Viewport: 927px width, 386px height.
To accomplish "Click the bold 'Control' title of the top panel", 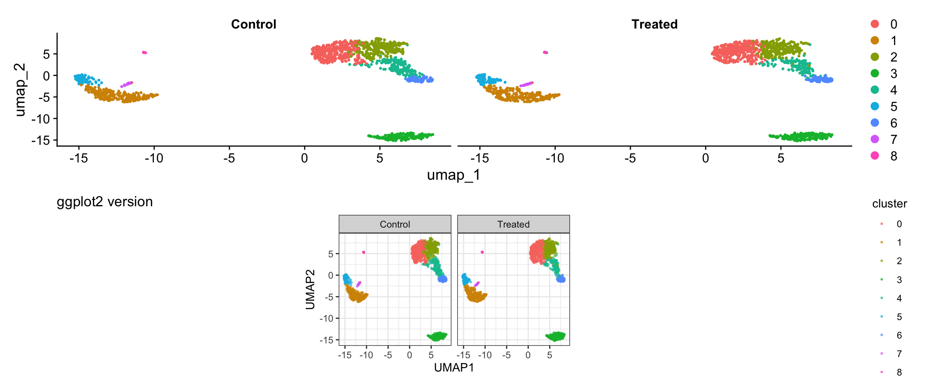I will click(x=253, y=24).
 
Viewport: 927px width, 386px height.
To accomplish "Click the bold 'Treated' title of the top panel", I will click(x=654, y=24).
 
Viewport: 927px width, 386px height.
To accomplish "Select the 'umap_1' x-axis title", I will click(x=453, y=175).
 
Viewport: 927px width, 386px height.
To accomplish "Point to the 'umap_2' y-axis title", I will click(x=20, y=90).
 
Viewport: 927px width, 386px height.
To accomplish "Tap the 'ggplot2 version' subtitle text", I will click(x=105, y=201).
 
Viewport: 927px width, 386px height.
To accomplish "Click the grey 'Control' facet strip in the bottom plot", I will click(x=395, y=224).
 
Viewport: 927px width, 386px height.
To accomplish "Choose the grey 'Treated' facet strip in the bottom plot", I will click(x=513, y=224).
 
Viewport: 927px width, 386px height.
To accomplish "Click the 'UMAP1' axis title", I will click(x=454, y=368).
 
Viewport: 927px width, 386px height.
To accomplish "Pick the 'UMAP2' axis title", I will click(x=310, y=289).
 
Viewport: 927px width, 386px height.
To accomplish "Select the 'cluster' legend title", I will click(x=889, y=204).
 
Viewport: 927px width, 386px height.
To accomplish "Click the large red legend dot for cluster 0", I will click(x=875, y=24).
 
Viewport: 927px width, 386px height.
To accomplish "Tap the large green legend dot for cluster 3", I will click(x=875, y=73).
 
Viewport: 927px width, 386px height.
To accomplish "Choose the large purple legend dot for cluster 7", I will click(x=875, y=139).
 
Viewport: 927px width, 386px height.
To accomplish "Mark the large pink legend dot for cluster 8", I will click(x=875, y=156).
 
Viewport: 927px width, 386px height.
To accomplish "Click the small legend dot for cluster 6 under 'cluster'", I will click(x=882, y=335).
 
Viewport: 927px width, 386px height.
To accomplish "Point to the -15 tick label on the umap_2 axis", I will click(x=41, y=140).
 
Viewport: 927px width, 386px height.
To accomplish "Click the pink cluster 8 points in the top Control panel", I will click(x=144, y=52).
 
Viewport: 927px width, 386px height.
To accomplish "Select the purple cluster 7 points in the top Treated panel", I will click(x=526, y=84).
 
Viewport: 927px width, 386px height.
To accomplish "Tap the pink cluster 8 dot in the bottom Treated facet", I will click(x=482, y=252).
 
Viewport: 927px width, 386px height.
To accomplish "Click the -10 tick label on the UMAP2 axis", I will click(x=326, y=318).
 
